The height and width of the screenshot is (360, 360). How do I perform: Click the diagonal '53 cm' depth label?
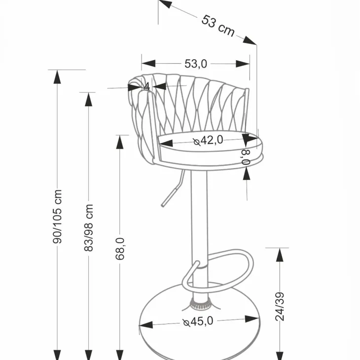(218, 26)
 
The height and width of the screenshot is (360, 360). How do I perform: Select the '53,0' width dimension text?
(196, 64)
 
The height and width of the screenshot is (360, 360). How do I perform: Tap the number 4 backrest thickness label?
(147, 87)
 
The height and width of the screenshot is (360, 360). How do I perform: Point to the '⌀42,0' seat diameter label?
(208, 140)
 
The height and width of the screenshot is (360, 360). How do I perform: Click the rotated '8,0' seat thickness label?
(246, 157)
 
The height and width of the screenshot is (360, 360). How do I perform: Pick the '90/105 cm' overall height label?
(57, 216)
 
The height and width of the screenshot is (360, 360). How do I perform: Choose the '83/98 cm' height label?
(89, 228)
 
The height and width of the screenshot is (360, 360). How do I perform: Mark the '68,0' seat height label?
(120, 249)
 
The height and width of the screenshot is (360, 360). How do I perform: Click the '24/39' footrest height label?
(280, 307)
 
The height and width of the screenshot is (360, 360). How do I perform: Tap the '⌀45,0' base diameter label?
(198, 322)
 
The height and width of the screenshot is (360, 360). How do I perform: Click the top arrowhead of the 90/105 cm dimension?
(57, 77)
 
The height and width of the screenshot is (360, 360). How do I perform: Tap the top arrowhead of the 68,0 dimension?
(120, 143)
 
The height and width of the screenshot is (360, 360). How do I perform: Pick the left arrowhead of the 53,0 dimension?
(148, 63)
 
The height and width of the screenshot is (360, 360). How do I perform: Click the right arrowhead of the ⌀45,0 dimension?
(252, 319)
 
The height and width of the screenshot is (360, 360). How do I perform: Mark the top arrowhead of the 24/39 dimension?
(280, 255)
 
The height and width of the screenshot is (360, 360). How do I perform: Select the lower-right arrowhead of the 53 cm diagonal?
(250, 40)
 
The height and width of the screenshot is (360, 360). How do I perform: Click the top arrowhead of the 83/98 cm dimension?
(89, 100)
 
